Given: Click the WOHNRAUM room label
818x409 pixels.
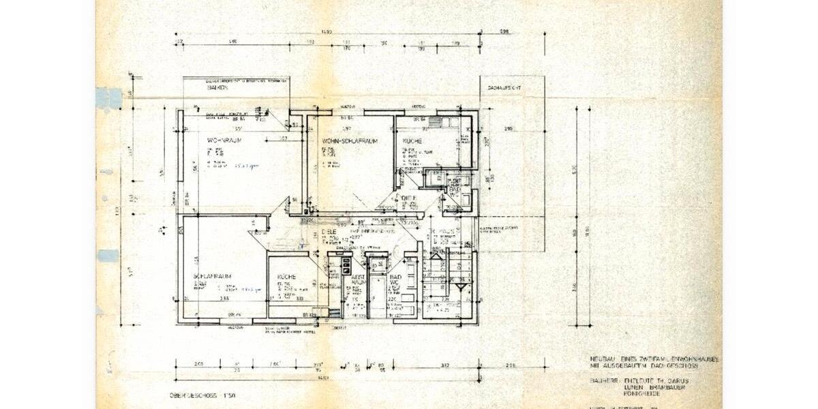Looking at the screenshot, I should (226, 140).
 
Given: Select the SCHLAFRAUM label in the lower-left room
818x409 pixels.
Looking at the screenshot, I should (213, 276).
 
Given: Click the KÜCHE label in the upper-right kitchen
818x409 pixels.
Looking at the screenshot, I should (412, 140).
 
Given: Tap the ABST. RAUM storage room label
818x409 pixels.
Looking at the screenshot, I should (357, 279).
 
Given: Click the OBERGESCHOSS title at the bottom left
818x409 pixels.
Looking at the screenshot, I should (192, 395).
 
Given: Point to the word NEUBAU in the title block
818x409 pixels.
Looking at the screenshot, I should (603, 359).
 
